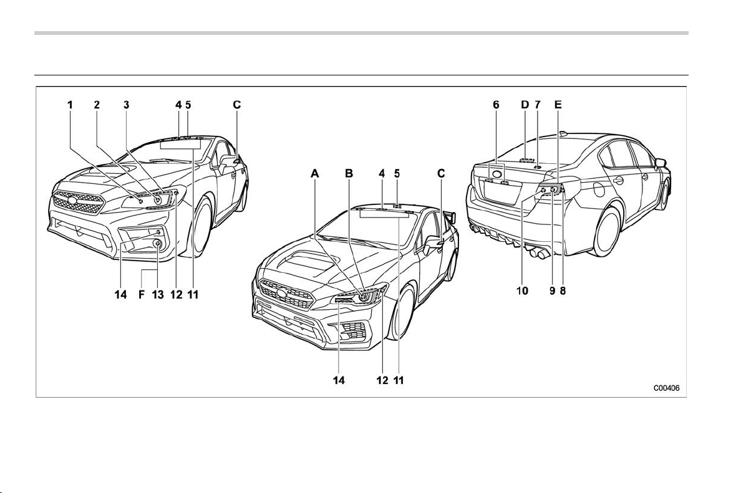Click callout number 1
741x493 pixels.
tap(70, 105)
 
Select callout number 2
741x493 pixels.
tap(97, 105)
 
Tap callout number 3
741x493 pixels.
tap(126, 105)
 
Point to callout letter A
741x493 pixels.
tap(315, 174)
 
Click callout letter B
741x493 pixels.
tap(349, 174)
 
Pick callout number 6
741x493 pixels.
tap(496, 105)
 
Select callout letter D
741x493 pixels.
tap(525, 105)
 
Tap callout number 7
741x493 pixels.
tap(537, 105)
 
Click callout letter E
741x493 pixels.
tap(558, 105)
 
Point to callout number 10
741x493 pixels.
tap(522, 291)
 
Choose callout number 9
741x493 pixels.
tap(553, 291)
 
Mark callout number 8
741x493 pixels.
tap(563, 291)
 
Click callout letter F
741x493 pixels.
tap(141, 295)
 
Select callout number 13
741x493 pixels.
tap(158, 295)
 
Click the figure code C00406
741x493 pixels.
tap(666, 388)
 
